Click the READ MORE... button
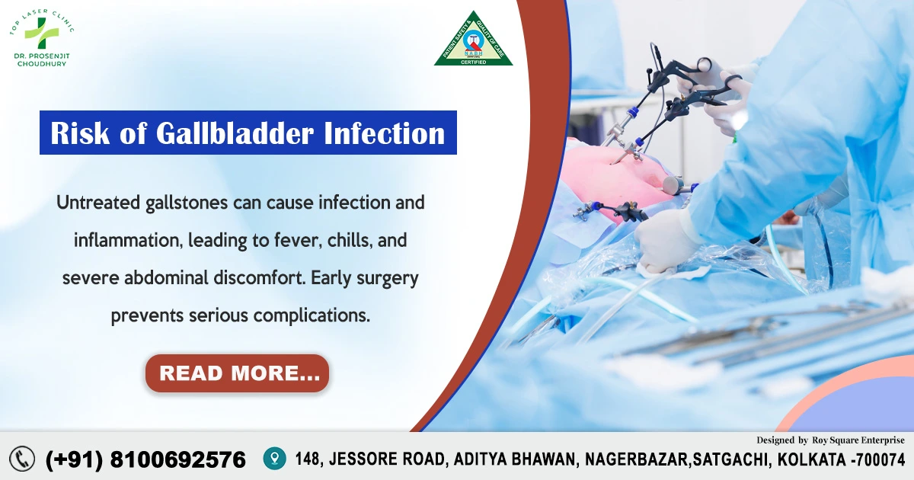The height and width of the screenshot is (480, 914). click(x=237, y=373)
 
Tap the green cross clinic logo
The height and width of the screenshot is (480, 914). click(x=36, y=31)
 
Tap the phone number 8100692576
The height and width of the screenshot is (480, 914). click(x=178, y=459)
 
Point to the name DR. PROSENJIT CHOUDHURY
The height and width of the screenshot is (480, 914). click(x=42, y=59)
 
